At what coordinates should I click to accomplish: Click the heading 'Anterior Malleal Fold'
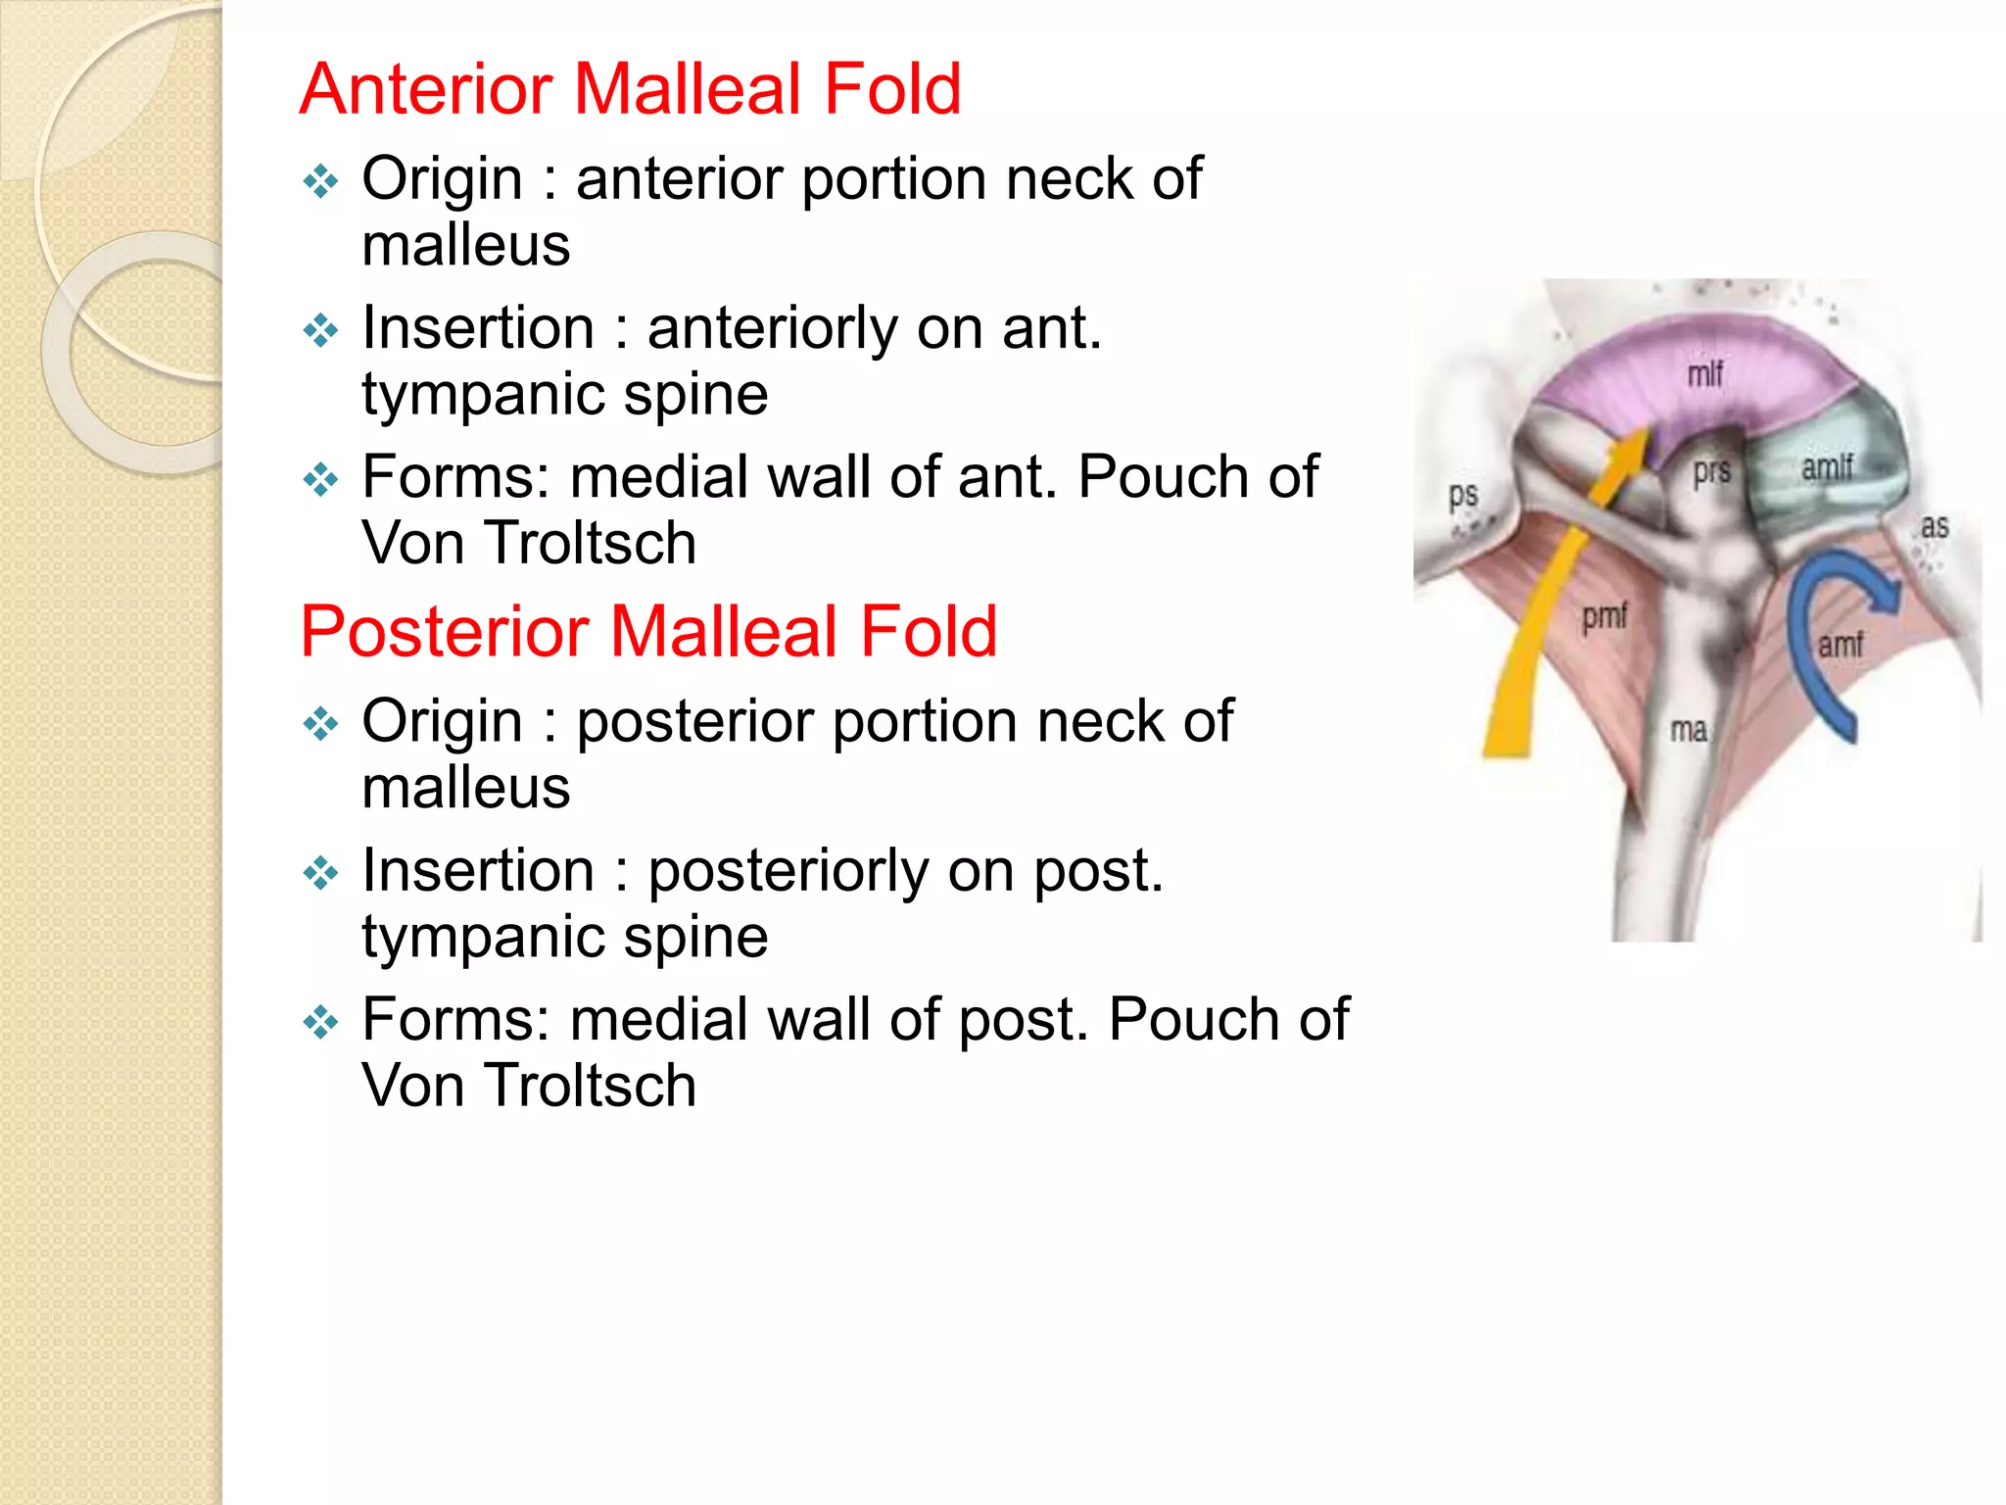pyautogui.click(x=630, y=89)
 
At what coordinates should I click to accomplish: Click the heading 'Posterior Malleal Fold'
pyautogui.click(x=648, y=631)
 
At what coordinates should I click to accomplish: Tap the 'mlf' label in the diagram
pyautogui.click(x=1705, y=373)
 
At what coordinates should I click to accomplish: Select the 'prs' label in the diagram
pyautogui.click(x=1712, y=471)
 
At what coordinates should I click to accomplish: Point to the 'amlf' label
pyautogui.click(x=1828, y=466)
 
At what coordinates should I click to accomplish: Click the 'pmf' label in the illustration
pyautogui.click(x=1604, y=616)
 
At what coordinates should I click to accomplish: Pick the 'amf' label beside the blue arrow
pyautogui.click(x=1840, y=645)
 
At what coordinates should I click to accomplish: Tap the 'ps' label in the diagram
pyautogui.click(x=1463, y=495)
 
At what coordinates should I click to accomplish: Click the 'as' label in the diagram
pyautogui.click(x=1934, y=527)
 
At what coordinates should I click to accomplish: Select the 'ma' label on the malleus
pyautogui.click(x=1689, y=730)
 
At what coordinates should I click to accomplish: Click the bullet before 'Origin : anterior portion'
pyautogui.click(x=320, y=181)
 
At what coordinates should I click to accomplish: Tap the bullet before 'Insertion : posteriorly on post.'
pyautogui.click(x=320, y=872)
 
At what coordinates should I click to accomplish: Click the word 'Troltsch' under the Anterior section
pyautogui.click(x=591, y=543)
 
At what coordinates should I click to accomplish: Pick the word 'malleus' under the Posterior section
pyautogui.click(x=466, y=788)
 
